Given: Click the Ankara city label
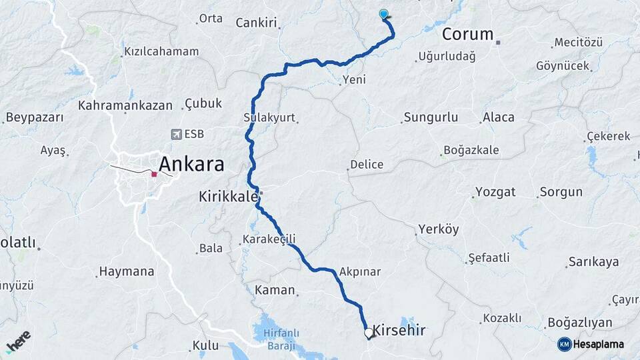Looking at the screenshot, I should (191, 165).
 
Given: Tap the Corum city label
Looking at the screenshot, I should (467, 34).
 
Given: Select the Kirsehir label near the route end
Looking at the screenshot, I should (399, 330).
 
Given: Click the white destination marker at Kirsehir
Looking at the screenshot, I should (368, 331).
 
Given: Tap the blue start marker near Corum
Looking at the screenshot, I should (383, 14).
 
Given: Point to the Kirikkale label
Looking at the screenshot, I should (227, 197).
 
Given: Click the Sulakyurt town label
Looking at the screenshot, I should (269, 117).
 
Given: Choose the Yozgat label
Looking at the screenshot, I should (495, 192).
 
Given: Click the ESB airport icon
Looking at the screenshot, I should (176, 134).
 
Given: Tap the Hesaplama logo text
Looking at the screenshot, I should (595, 344).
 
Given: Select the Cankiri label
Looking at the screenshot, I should (256, 23).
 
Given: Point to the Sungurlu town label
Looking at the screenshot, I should (429, 117).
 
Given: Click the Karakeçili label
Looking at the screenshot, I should (269, 239).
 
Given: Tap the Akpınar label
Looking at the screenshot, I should (360, 272).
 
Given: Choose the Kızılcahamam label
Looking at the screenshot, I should (161, 51).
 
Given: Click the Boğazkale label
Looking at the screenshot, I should (472, 150).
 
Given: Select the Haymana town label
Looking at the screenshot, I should (126, 271).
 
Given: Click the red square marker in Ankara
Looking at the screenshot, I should (154, 174).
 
